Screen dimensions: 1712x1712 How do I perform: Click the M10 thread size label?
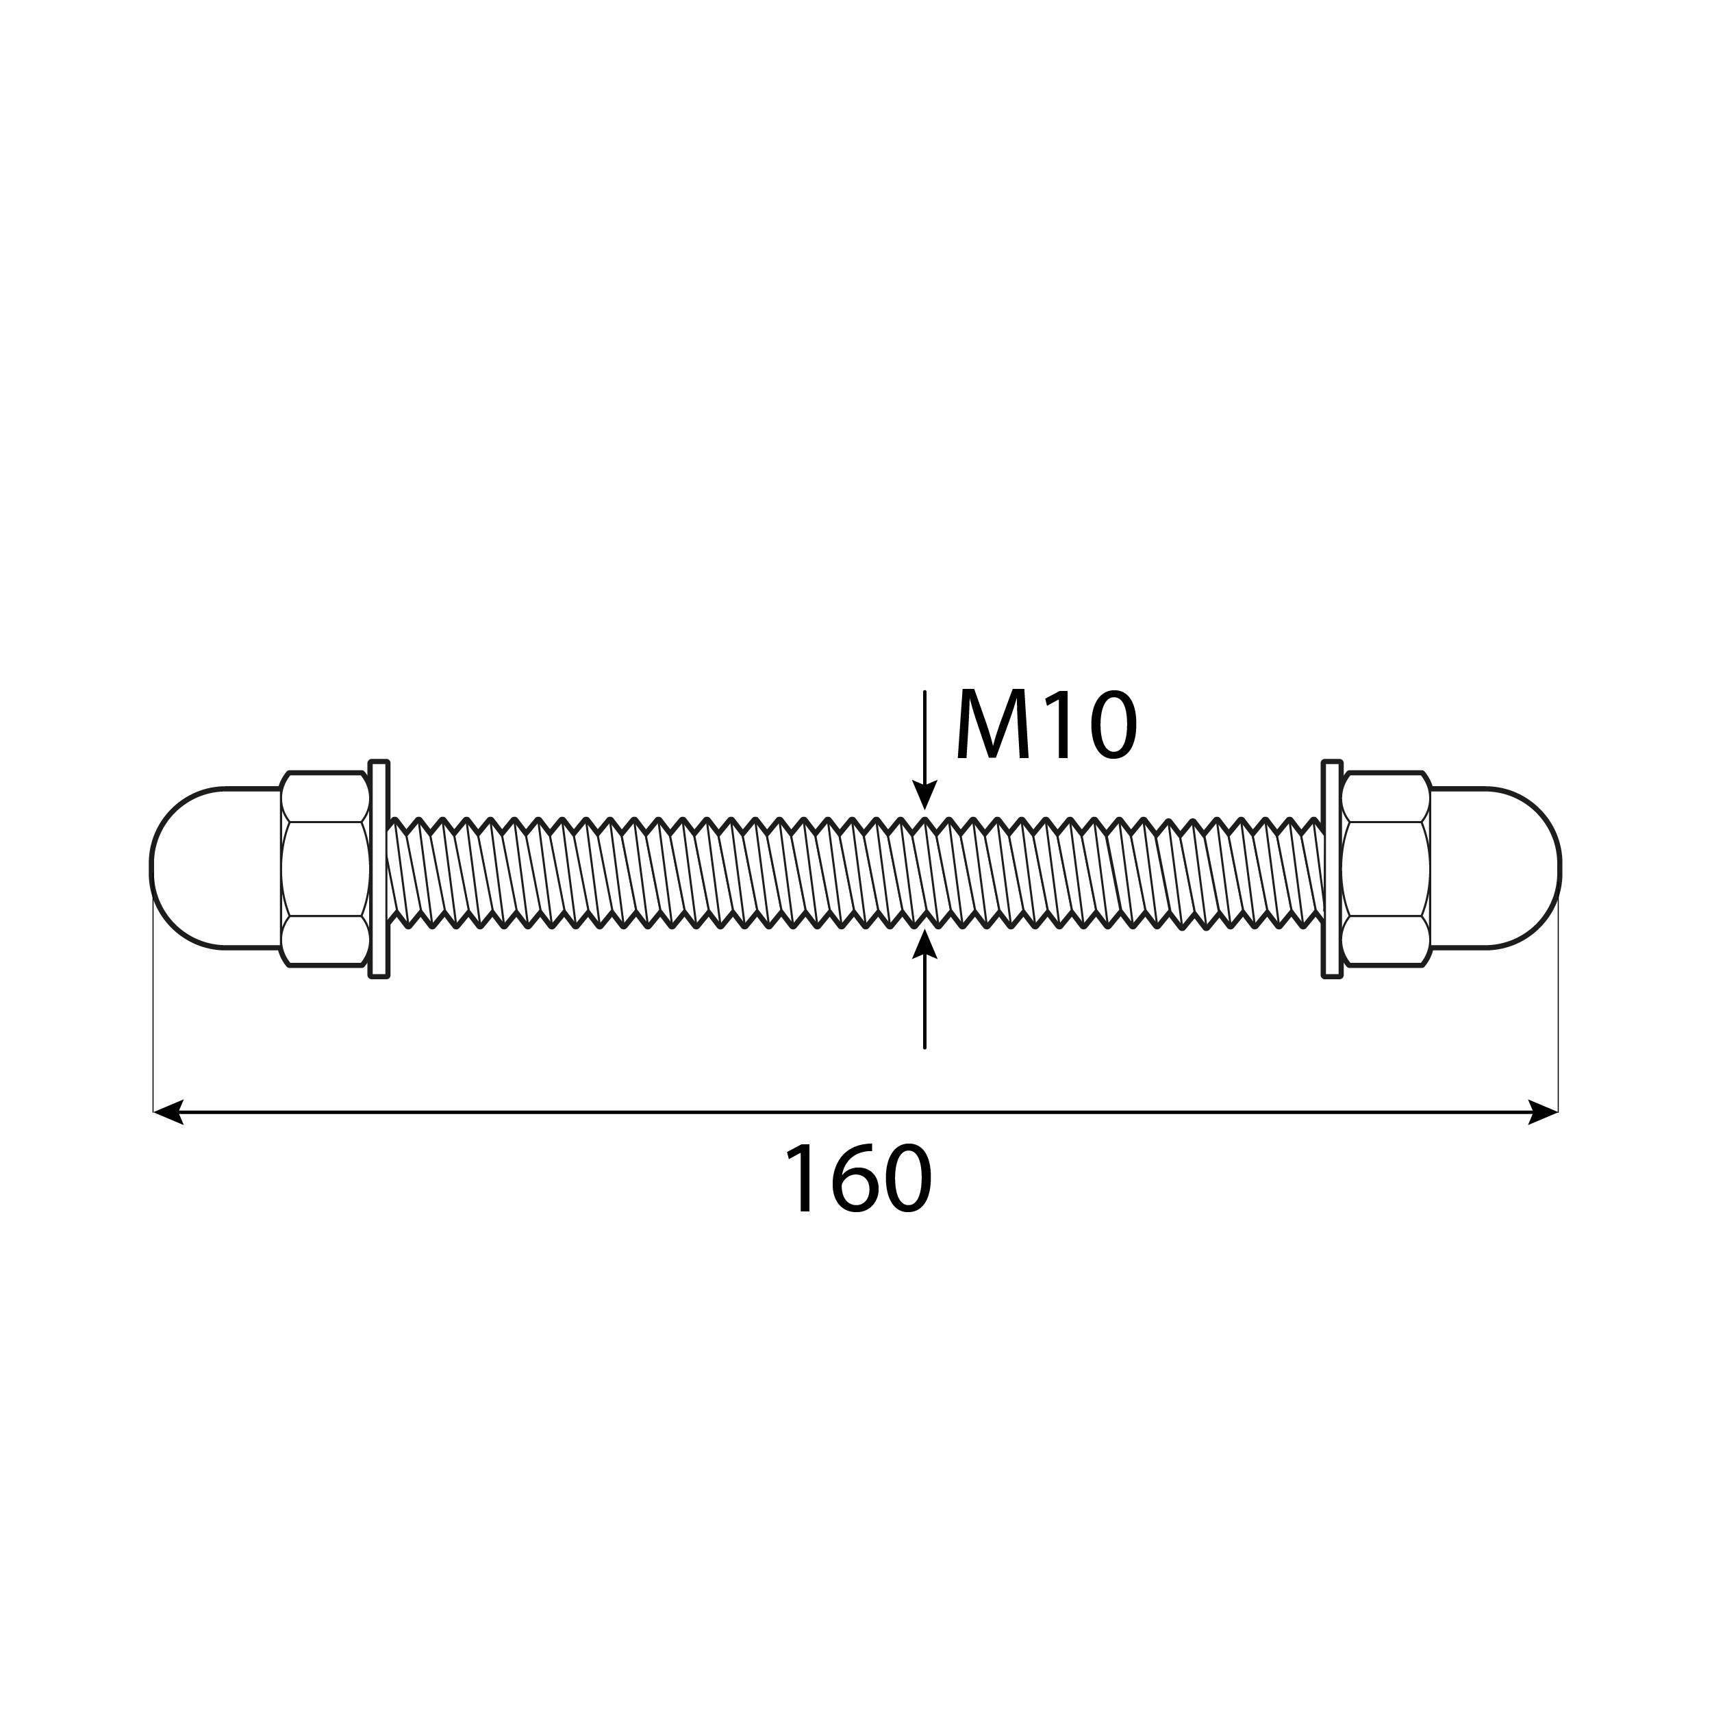point(1046,727)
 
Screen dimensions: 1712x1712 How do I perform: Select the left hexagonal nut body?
point(325,868)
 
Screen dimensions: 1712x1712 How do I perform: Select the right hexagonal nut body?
point(1385,868)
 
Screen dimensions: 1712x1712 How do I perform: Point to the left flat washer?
point(379,868)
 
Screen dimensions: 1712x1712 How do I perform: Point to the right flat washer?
point(1331,868)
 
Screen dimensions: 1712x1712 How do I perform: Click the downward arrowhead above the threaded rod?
point(924,795)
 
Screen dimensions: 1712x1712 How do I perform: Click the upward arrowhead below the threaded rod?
point(924,943)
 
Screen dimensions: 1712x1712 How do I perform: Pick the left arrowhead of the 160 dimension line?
point(168,1111)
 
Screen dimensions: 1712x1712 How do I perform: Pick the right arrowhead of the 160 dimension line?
point(1543,1111)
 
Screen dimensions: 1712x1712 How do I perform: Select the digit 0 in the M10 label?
point(1111,727)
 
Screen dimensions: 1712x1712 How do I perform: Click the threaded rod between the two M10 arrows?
point(924,868)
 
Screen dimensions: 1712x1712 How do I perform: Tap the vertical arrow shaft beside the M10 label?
point(924,735)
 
